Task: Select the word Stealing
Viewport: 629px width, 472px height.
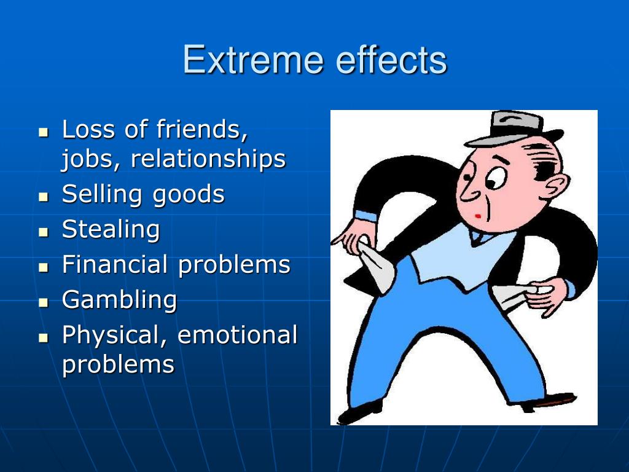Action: coord(111,230)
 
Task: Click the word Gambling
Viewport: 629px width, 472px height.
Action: coord(119,301)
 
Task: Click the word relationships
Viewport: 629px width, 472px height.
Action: coord(208,159)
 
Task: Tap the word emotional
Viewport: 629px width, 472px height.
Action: coord(237,336)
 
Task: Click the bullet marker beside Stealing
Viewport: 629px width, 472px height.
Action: coord(43,232)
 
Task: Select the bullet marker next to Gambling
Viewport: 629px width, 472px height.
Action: coord(43,303)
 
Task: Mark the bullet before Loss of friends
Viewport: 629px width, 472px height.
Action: coord(43,132)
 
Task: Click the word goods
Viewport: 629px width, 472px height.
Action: coord(189,195)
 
